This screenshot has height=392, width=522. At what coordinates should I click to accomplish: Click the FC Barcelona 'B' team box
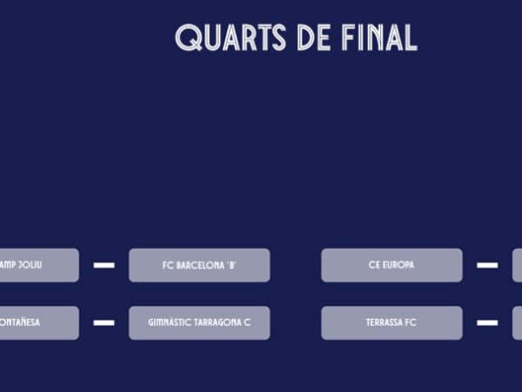click(199, 266)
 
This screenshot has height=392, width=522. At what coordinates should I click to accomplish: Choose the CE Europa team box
click(391, 266)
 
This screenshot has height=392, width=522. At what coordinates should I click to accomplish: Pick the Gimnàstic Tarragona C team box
click(199, 322)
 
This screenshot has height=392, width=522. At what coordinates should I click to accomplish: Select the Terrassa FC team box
click(391, 322)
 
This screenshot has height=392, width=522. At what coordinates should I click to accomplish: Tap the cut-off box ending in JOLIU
click(38, 266)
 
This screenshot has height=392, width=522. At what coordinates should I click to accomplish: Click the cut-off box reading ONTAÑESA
click(38, 322)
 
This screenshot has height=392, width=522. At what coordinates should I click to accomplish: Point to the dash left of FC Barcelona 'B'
click(104, 266)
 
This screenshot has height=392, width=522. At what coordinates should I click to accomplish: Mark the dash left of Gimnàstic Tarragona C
click(104, 322)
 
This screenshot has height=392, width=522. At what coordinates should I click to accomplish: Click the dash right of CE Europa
click(487, 266)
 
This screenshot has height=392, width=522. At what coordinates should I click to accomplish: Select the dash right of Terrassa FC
click(487, 322)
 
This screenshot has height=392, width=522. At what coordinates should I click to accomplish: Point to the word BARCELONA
click(200, 266)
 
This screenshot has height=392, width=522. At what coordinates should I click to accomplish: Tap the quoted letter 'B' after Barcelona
click(231, 266)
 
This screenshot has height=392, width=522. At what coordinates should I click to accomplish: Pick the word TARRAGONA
click(215, 322)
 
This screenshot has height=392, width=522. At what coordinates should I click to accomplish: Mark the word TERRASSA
click(385, 322)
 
